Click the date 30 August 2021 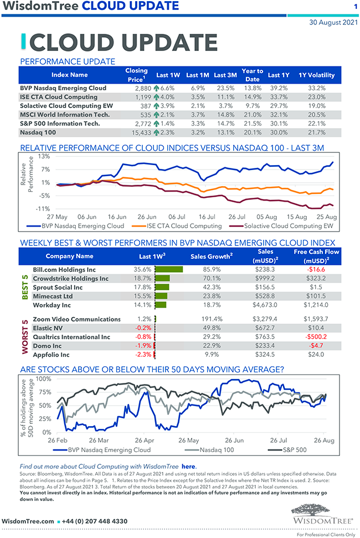pyautogui.click(x=333, y=23)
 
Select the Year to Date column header pyautogui.click(x=252, y=75)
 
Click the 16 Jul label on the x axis pyautogui.click(x=206, y=217)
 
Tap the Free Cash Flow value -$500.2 pyautogui.click(x=316, y=337)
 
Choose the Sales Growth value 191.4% pyautogui.click(x=210, y=319)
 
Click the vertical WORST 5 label pyautogui.click(x=25, y=337)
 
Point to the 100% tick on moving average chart pyautogui.click(x=44, y=380)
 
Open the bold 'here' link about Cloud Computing pyautogui.click(x=189, y=467)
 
